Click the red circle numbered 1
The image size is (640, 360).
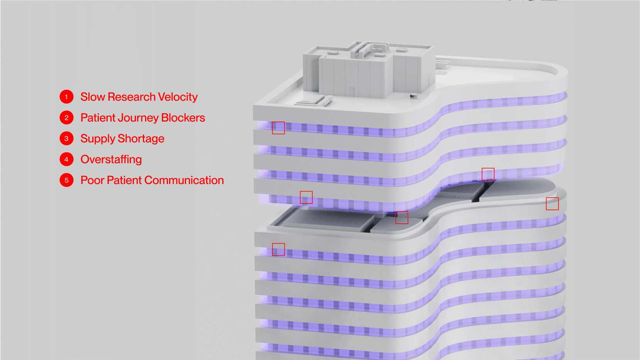66,97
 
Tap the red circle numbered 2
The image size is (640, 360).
66,118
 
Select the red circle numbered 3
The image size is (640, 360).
66,139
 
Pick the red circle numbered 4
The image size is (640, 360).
66,159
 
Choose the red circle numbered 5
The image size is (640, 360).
66,180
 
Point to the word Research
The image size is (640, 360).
131,97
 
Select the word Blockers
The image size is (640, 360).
183,118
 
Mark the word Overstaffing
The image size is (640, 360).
111,159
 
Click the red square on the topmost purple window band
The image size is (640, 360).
278,128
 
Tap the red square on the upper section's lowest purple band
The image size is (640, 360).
306,197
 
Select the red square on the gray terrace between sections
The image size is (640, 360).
401,218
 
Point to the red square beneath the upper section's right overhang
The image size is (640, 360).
488,174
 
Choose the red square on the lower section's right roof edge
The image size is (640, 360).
552,203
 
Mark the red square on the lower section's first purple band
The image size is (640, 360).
278,249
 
